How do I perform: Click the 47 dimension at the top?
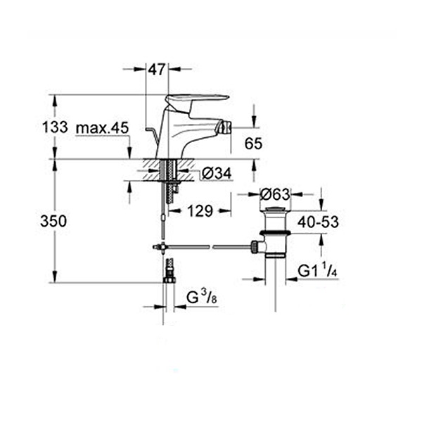tap(157, 70)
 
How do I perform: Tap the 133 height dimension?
tap(55, 127)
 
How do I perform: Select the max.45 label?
tap(103, 128)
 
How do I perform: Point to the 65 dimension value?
tap(253, 144)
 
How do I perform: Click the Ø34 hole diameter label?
tap(217, 174)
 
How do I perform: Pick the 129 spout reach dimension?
tap(200, 211)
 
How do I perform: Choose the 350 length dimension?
tap(53, 221)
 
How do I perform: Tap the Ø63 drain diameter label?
tap(275, 194)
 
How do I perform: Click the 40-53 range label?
tap(319, 222)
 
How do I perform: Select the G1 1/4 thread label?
tap(317, 271)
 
